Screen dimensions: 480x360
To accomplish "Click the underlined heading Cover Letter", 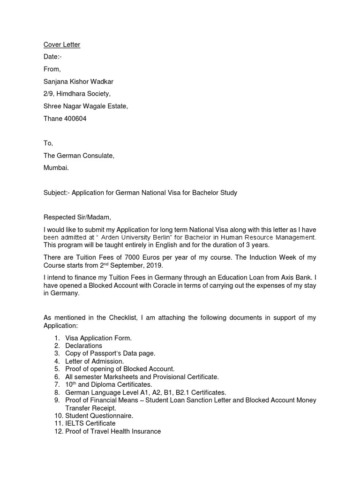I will [61, 45].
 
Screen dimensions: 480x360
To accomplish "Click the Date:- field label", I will [52, 57].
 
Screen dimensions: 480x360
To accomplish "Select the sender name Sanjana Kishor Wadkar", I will [82, 82].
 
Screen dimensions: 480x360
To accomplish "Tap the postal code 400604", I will [75, 119].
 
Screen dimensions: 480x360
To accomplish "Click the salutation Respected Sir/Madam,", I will [78, 217].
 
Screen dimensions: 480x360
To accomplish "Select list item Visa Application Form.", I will [98, 338].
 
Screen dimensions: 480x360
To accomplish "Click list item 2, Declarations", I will [83, 345].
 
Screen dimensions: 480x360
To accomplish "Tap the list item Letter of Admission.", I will [94, 361].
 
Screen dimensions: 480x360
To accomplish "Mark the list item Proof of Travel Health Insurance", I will [113, 431].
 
